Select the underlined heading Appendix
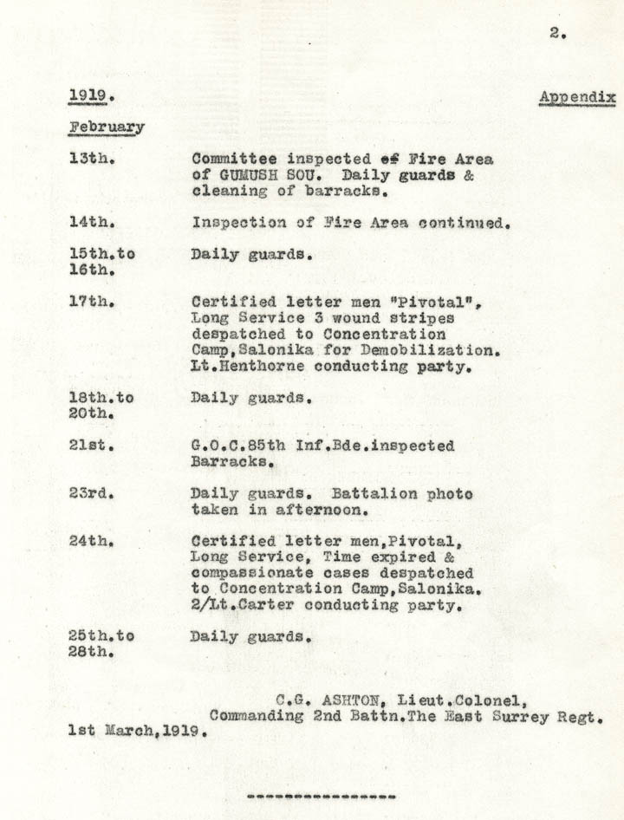click(576, 97)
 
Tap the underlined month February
click(107, 127)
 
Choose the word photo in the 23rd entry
click(445, 494)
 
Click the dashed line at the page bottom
click(322, 795)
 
